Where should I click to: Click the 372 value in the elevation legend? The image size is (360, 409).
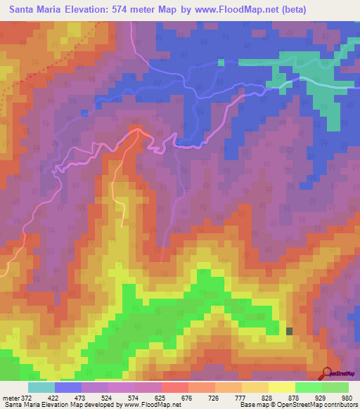[25, 398]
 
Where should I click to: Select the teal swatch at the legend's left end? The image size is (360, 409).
[41, 387]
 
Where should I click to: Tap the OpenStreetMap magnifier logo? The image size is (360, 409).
[327, 374]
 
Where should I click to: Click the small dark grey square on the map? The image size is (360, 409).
[289, 331]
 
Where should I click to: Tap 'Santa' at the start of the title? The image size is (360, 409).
[25, 9]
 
